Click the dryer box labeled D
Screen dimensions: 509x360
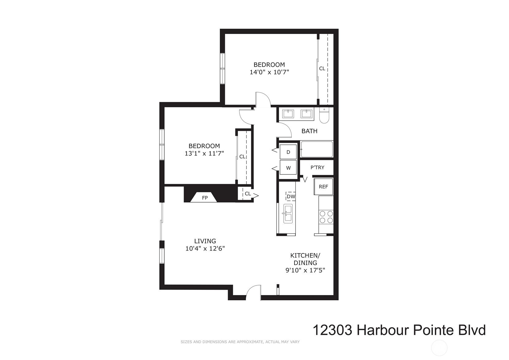tap(288, 152)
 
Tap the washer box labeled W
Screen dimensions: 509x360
tap(288, 168)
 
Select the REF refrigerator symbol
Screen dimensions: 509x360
tap(323, 187)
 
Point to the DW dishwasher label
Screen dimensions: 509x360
tap(291, 196)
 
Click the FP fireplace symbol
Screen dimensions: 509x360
tap(204, 197)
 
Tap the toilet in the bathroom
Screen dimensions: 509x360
tap(324, 115)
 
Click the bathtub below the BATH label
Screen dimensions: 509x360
tap(317, 149)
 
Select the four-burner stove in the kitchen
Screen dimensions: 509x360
tap(326, 217)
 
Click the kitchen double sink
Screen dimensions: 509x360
tap(288, 214)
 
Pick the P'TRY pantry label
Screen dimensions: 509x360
tap(317, 168)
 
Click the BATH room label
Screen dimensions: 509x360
tap(309, 131)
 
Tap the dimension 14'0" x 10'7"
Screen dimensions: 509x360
tap(269, 72)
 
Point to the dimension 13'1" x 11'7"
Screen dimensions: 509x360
tap(204, 153)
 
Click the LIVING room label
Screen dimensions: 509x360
tap(205, 241)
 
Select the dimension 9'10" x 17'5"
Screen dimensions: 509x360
tap(305, 270)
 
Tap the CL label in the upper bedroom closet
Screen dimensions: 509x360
tap(322, 68)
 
